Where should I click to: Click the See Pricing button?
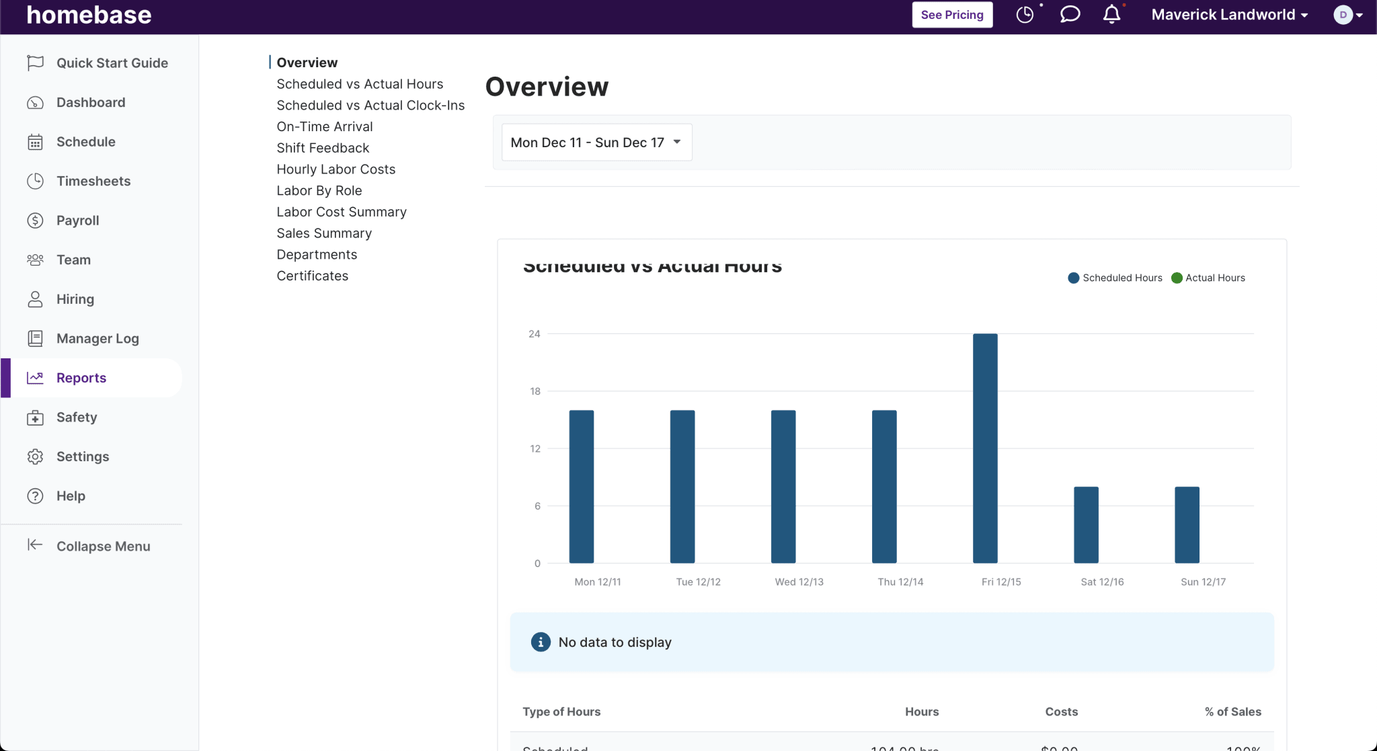point(951,15)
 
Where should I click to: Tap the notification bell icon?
point(1111,15)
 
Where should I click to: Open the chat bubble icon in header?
point(1069,15)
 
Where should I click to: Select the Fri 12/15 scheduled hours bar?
point(985,448)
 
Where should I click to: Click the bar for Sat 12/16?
point(1086,524)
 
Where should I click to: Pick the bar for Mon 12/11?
point(582,486)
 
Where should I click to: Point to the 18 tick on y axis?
point(535,391)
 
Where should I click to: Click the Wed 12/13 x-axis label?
point(799,582)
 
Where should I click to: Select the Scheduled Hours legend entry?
point(1115,278)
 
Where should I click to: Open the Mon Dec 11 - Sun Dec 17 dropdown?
point(596,143)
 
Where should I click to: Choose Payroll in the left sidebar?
point(77,221)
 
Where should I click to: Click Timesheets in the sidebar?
point(93,181)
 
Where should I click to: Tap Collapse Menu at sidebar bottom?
point(103,546)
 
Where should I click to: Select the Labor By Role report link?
point(319,190)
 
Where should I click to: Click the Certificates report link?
point(313,276)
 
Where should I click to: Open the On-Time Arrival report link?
point(325,126)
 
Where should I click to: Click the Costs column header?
point(1061,711)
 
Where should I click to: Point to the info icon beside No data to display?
point(541,642)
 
